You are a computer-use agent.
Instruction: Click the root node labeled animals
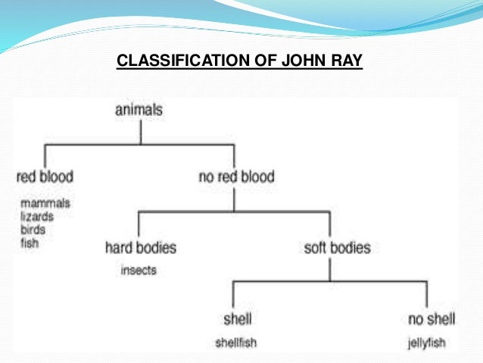tap(139, 111)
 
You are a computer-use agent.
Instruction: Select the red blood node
tap(45, 178)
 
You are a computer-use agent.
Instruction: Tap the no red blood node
tap(236, 178)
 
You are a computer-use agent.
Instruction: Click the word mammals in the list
tap(45, 203)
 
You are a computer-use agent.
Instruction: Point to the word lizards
tap(38, 216)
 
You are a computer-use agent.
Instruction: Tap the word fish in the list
tap(30, 243)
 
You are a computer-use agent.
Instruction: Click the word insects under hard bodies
tap(139, 270)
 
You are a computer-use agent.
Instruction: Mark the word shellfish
tap(235, 343)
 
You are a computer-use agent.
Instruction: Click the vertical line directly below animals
tap(140, 132)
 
